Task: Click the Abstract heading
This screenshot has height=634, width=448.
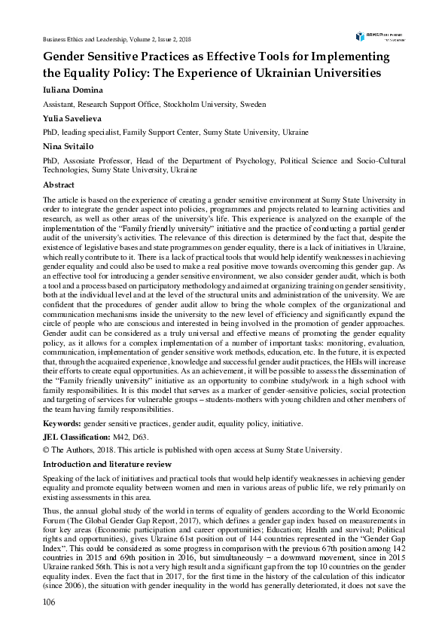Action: (x=59, y=184)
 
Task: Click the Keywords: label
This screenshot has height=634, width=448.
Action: (x=62, y=425)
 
